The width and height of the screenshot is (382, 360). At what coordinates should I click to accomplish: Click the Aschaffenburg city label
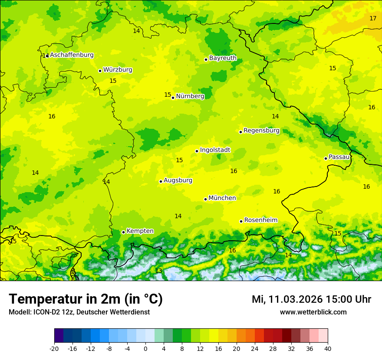tap(72, 55)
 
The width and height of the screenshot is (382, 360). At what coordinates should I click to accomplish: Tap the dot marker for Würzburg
tap(100, 71)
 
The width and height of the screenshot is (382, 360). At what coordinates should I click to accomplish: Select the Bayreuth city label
tap(223, 58)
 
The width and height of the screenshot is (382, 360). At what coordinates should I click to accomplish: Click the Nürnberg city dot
tap(173, 98)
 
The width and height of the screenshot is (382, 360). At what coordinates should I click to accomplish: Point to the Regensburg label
tap(261, 131)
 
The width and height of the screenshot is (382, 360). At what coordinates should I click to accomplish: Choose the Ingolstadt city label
tap(215, 150)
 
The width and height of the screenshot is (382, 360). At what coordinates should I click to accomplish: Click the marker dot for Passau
tap(326, 158)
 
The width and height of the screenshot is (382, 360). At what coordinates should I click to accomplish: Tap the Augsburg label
tap(178, 180)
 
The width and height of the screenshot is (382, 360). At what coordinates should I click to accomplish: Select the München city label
tap(222, 198)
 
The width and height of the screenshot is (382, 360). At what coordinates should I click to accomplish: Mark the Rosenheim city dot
tap(241, 221)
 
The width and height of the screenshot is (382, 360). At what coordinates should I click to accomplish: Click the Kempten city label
tap(140, 231)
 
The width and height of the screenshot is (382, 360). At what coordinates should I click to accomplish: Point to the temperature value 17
tap(373, 18)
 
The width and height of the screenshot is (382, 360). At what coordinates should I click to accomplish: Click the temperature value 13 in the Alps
tap(158, 271)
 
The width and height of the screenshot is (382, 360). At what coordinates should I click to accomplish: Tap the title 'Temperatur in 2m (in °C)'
tap(86, 299)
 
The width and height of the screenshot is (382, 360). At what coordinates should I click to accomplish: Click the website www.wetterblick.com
tap(313, 312)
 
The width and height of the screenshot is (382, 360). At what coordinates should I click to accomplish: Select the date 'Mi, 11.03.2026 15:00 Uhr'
tap(311, 299)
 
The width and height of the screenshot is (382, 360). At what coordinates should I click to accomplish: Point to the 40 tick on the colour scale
tap(328, 349)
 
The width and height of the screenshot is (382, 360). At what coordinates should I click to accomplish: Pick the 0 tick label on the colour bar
tap(145, 349)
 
